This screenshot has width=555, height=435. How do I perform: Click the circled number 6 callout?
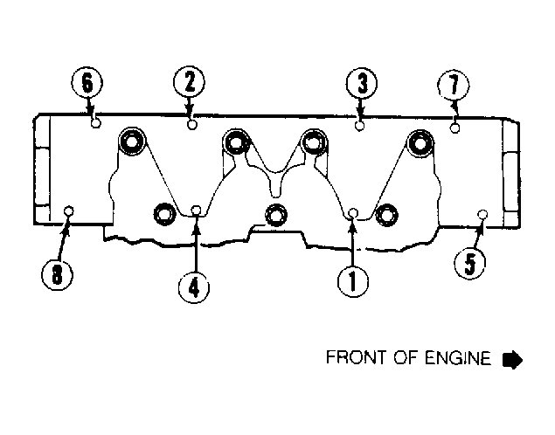(87, 84)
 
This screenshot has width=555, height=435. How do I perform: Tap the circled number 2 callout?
(190, 82)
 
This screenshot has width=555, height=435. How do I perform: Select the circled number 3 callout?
(362, 84)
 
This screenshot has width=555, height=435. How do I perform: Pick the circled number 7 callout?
(454, 86)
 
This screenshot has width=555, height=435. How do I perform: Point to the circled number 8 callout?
(58, 274)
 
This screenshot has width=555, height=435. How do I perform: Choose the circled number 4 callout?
(194, 287)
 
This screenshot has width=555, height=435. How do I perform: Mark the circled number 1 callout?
(353, 281)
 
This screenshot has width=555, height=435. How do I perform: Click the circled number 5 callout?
(470, 263)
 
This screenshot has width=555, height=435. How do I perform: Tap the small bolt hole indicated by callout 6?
(96, 123)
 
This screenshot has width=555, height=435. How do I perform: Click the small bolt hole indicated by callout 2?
(191, 125)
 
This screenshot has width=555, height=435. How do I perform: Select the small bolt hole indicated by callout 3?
(359, 126)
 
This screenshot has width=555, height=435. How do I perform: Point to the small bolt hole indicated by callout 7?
(455, 128)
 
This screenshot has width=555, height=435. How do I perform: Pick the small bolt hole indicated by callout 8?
(69, 211)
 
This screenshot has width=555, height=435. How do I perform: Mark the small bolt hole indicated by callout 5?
(482, 214)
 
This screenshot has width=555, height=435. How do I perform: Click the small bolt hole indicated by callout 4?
(197, 211)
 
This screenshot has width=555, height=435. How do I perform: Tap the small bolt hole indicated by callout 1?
(353, 213)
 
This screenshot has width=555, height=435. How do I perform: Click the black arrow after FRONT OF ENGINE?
(512, 360)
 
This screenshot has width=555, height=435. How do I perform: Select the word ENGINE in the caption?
(458, 357)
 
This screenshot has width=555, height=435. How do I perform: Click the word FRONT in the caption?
(357, 357)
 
